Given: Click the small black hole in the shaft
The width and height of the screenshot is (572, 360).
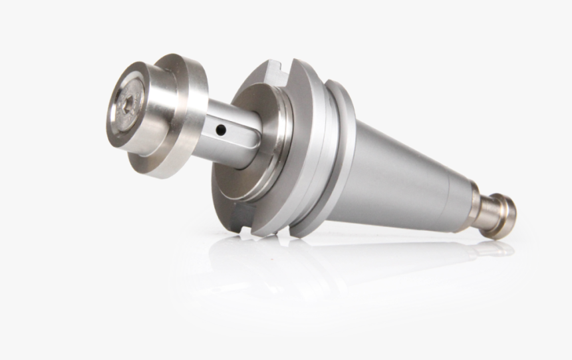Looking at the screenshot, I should point(221,126).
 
